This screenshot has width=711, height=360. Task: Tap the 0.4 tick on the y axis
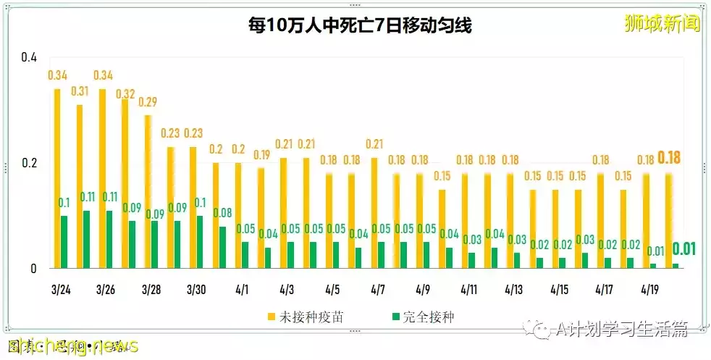click(x=28, y=57)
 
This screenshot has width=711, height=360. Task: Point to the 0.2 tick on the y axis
click(x=28, y=163)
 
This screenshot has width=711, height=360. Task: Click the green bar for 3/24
click(x=64, y=242)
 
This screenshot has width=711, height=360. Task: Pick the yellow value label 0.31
click(x=80, y=91)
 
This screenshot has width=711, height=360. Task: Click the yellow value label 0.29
click(x=148, y=101)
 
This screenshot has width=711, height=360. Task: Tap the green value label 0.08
click(x=223, y=213)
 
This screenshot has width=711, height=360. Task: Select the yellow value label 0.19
click(x=261, y=154)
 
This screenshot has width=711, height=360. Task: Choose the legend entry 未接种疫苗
click(x=305, y=317)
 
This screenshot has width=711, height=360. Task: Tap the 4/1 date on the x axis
click(x=241, y=290)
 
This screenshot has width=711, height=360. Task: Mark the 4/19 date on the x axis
click(x=649, y=290)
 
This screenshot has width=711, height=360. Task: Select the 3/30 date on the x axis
click(x=196, y=290)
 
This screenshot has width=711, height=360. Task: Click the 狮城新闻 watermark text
click(x=662, y=24)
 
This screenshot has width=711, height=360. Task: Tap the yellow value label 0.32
click(x=126, y=93)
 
